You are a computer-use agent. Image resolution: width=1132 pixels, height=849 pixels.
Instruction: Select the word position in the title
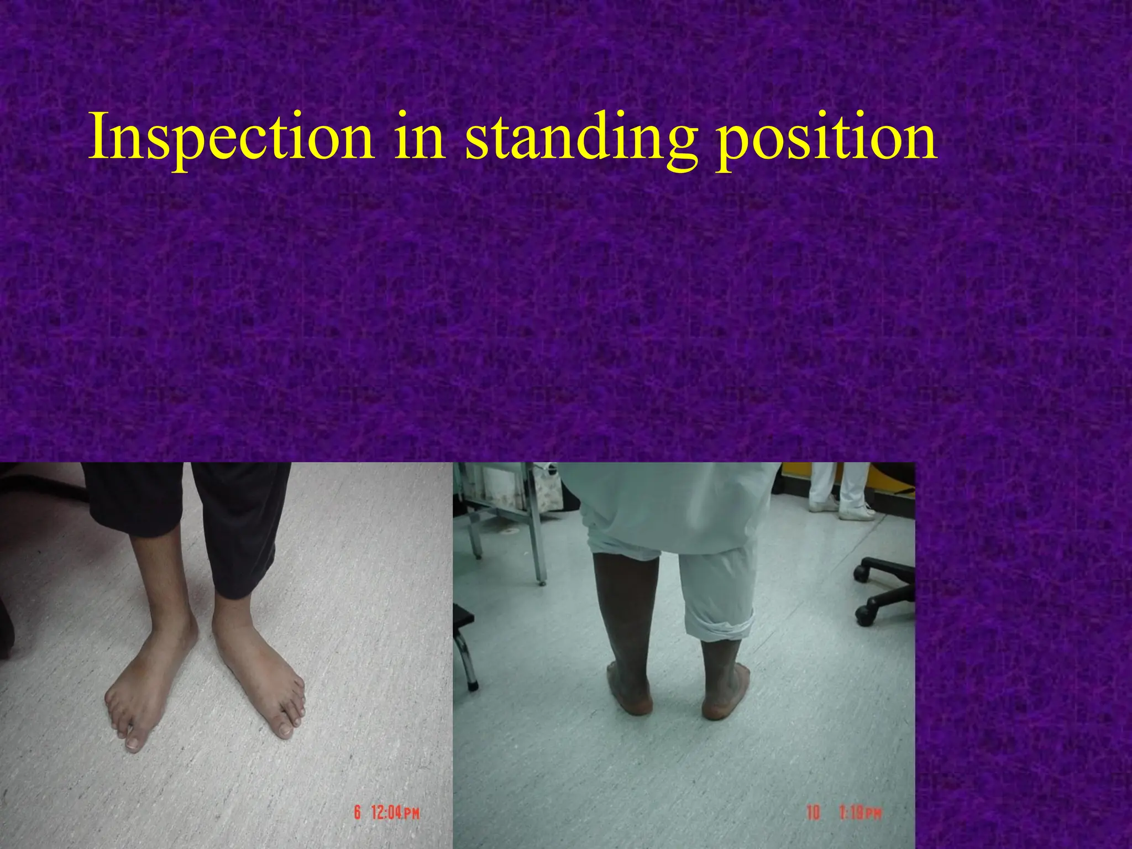(x=826, y=138)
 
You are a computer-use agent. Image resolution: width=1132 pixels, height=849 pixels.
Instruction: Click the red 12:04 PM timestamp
(x=395, y=813)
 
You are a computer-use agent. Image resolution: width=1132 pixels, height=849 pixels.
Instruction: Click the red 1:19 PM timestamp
(x=860, y=813)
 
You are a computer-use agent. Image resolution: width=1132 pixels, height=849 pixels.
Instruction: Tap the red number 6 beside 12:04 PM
(x=358, y=813)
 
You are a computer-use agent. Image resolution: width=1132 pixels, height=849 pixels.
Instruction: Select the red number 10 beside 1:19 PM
(x=813, y=813)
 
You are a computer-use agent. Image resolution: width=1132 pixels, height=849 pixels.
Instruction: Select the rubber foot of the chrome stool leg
(x=473, y=686)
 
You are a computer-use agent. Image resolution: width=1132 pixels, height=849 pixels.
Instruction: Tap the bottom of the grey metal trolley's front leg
(x=541, y=580)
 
